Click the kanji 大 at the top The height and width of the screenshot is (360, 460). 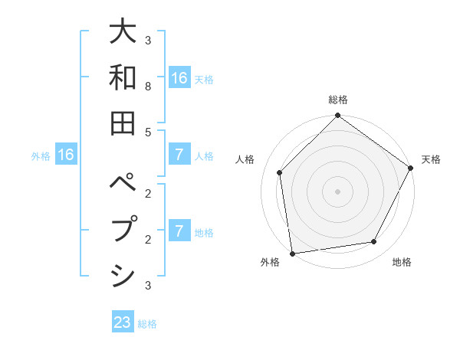click(123, 31)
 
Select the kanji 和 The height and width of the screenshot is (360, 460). click(123, 77)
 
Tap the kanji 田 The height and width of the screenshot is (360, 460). click(123, 122)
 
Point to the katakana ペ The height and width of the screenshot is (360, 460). click(123, 184)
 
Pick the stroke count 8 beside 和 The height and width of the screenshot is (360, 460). click(147, 87)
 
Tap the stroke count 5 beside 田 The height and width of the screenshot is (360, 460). click(147, 132)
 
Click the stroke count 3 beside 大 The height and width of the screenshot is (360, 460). click(147, 41)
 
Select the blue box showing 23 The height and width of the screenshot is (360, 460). click(123, 322)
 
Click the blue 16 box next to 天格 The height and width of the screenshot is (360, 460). click(179, 78)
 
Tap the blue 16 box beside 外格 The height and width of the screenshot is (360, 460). click(66, 155)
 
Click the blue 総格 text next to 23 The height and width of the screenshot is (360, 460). click(147, 324)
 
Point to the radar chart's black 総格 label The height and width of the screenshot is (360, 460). click(337, 100)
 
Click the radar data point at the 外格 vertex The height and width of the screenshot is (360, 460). click(292, 253)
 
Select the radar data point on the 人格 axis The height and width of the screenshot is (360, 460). click(280, 172)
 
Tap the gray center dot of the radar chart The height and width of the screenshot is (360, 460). click(337, 191)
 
